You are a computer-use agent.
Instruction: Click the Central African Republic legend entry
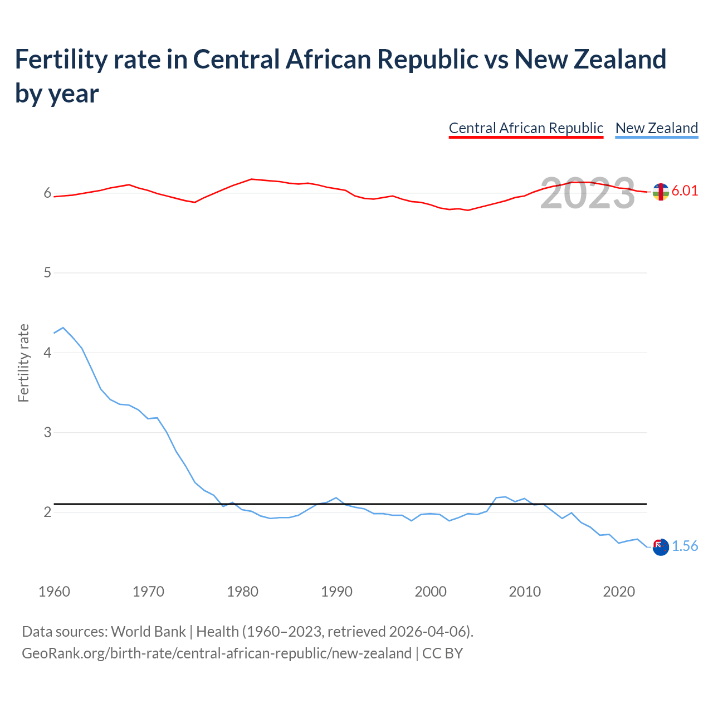point(526,128)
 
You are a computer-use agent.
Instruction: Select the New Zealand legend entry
point(656,128)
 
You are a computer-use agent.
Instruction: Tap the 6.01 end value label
point(685,191)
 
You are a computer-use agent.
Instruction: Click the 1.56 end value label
point(685,546)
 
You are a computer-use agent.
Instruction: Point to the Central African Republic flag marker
point(661,192)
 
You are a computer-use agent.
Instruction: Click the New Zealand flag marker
point(661,547)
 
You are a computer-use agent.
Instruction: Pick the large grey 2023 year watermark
point(588,193)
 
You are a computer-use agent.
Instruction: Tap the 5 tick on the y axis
point(47,273)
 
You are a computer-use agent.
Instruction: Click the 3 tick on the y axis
point(47,432)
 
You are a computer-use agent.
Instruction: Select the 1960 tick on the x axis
point(54,592)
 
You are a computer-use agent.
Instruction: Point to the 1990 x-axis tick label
point(336,592)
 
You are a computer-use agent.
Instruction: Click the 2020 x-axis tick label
point(619,592)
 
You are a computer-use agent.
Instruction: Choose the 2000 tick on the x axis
point(431,592)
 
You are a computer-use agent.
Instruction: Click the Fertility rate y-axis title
point(23,363)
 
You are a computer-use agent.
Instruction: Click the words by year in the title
point(57,94)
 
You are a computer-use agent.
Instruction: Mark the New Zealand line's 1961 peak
point(63,328)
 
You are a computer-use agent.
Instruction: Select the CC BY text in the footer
point(442,653)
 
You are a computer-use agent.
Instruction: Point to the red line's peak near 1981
point(252,179)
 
